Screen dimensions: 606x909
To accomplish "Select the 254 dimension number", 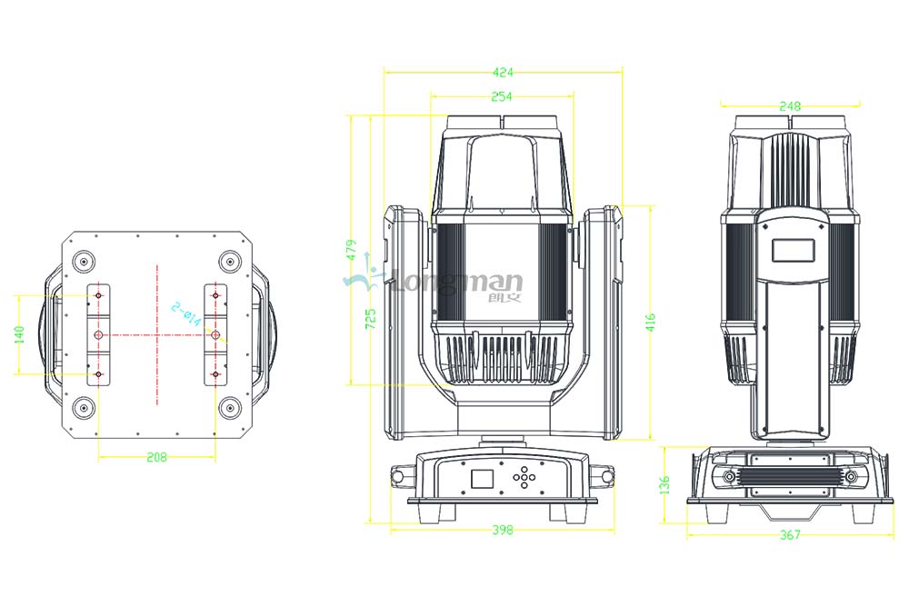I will [x=502, y=96].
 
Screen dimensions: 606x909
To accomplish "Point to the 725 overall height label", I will [x=372, y=319].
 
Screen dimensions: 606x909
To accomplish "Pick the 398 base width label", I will [x=502, y=530].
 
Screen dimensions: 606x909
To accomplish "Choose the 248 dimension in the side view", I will [x=790, y=106].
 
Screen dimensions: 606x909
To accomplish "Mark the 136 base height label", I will [x=665, y=484].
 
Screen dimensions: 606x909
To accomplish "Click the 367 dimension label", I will [x=790, y=536].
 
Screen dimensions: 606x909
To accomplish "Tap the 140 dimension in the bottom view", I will [x=19, y=333].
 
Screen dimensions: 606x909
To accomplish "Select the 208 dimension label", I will [x=156, y=458].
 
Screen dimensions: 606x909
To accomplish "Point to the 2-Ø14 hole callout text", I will [x=186, y=312].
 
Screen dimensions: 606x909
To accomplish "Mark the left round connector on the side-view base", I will [x=729, y=478].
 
